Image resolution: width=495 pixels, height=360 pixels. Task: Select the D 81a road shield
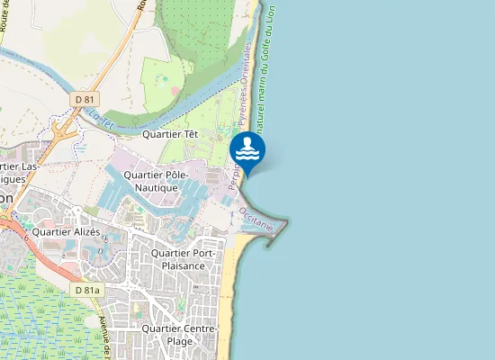(87, 290)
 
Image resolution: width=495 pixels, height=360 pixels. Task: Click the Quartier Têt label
(170, 134)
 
